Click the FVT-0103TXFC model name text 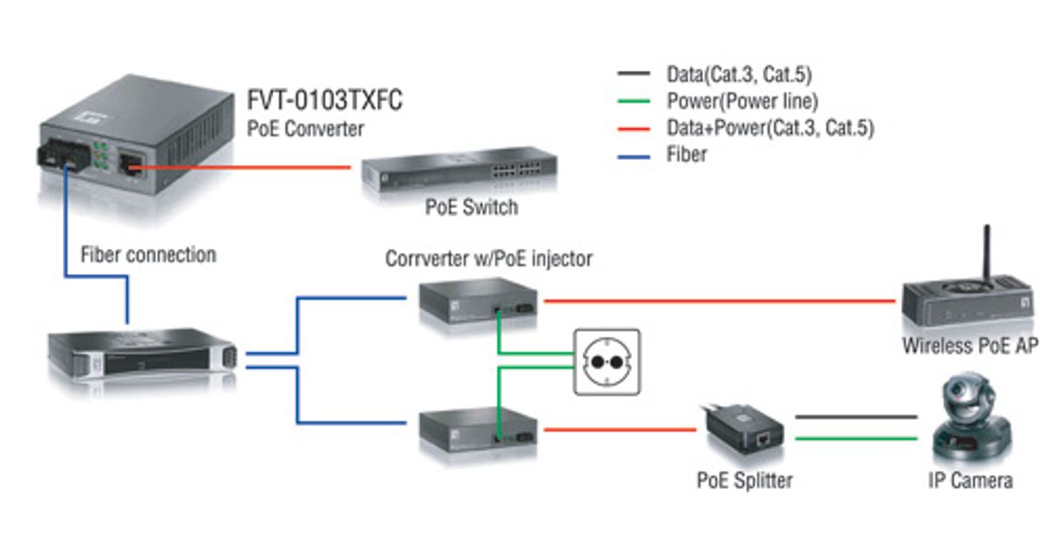pos(324,100)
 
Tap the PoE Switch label pos(472,207)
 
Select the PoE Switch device pos(459,169)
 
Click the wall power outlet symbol pos(607,362)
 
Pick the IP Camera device pos(972,417)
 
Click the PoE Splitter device pos(742,430)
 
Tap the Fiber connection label pos(148,255)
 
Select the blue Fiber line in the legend pos(633,157)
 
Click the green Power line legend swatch pos(633,101)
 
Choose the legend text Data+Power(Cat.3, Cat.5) pos(770,128)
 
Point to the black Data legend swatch pos(633,73)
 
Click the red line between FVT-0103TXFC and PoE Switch pos(239,167)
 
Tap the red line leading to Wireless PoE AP pos(720,301)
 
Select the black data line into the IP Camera pos(856,416)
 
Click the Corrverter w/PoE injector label pos(489,258)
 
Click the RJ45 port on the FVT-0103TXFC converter pos(131,165)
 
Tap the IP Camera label pos(970,481)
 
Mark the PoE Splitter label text pos(745,481)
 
